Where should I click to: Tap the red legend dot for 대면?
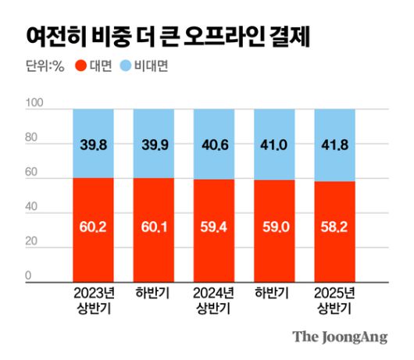point(78,66)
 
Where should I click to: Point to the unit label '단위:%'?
point(44,66)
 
